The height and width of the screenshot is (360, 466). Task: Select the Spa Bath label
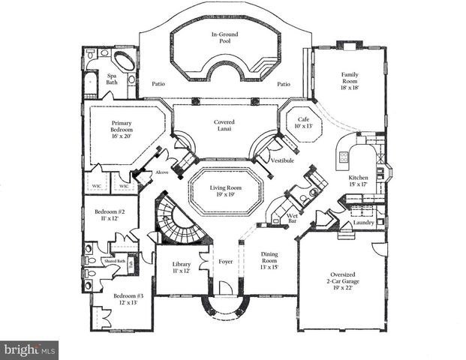click(x=113, y=79)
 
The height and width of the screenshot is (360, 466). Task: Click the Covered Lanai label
click(x=224, y=125)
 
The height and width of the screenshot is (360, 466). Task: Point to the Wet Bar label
click(x=293, y=220)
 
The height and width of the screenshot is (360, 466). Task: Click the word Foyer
click(x=225, y=262)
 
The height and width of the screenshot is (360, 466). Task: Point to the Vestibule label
click(x=282, y=161)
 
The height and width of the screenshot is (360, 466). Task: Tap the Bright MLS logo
click(x=29, y=349)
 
